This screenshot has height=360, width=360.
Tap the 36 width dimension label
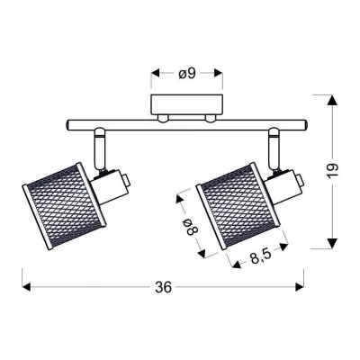coord(163,287)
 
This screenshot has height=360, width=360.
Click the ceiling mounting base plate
coord(188,103)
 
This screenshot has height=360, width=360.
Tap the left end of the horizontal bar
coord(68,123)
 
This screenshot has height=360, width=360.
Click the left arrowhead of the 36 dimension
coord(25,287)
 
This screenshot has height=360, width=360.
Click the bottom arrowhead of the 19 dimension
coord(332,246)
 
